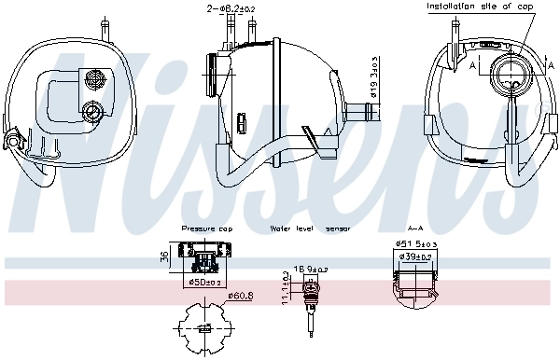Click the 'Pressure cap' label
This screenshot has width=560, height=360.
tap(205, 228)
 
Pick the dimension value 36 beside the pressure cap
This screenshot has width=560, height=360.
tap(163, 257)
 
